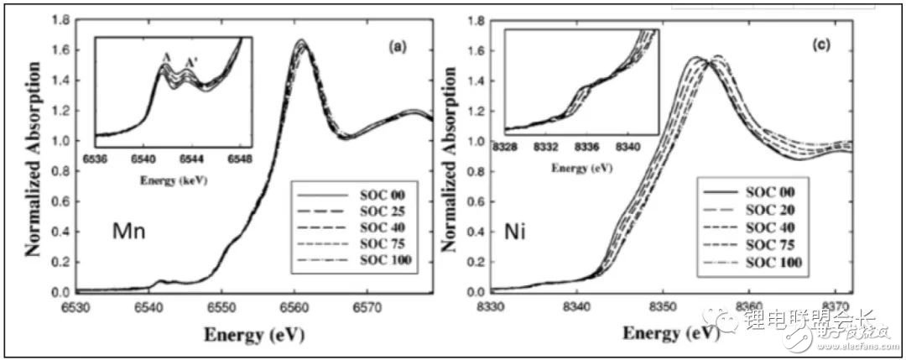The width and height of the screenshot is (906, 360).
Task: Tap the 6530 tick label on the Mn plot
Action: tap(76, 307)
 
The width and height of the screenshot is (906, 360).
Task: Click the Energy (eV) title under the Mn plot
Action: tap(253, 333)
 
